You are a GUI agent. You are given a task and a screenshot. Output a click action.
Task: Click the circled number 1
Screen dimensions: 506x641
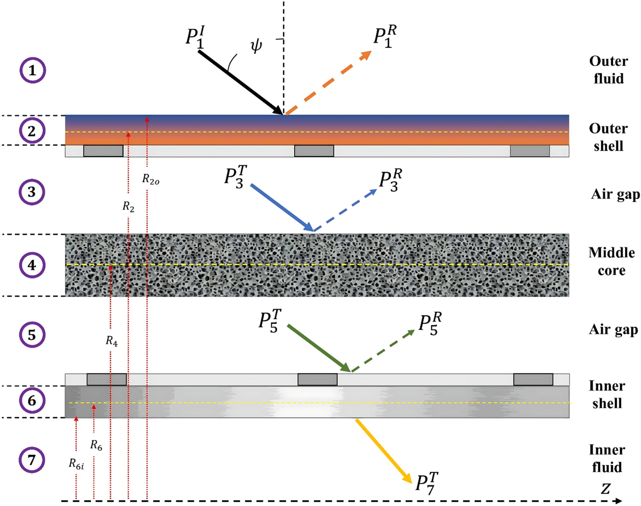coord(33,70)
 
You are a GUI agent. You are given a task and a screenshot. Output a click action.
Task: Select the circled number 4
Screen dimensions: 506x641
coord(32,265)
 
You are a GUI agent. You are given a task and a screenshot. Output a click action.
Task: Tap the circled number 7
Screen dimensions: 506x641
coord(32,460)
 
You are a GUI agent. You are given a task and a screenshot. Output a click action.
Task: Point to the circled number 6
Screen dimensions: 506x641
coord(32,401)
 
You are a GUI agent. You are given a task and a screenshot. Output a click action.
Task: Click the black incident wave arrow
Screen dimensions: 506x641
coord(240,83)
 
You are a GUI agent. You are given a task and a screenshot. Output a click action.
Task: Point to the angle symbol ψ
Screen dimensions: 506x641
coord(256,45)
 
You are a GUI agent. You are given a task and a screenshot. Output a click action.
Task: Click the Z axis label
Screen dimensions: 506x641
coord(605,488)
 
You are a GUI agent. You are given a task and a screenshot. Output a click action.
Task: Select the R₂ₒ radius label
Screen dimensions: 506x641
coord(151,180)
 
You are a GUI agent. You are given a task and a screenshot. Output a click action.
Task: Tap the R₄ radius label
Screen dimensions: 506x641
coord(112,341)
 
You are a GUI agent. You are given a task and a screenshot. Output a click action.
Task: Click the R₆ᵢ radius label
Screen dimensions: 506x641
coord(76,464)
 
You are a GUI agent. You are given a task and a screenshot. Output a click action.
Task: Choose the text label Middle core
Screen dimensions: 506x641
coord(611,261)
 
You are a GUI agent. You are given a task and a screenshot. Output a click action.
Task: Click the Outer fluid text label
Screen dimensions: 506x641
coord(608,70)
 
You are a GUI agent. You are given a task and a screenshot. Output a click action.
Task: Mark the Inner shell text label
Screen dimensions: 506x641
coord(607,395)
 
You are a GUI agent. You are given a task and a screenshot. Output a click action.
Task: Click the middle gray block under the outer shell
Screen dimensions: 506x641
coord(314,151)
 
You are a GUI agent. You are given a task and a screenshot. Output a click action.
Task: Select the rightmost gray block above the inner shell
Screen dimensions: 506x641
coord(533,379)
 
